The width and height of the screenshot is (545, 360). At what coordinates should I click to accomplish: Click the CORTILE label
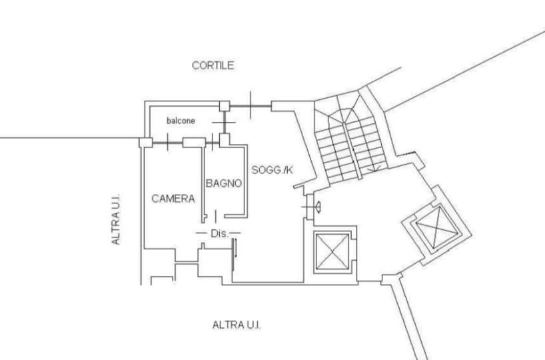213,65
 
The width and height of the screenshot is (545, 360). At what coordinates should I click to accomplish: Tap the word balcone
181,121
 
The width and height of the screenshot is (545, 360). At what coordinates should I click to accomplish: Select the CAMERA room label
173,199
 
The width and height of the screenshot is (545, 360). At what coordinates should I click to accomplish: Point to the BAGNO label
224,183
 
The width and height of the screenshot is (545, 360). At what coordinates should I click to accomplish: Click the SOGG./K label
272,170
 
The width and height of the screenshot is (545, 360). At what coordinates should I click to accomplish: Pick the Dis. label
219,234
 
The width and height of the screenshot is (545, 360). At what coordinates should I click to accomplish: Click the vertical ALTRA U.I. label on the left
116,219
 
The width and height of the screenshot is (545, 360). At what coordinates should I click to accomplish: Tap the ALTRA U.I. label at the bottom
237,325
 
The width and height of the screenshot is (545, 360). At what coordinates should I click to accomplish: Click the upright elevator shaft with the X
332,251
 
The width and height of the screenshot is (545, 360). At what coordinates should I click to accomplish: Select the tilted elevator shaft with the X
437,227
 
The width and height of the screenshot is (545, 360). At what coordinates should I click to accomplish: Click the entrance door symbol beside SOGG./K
310,207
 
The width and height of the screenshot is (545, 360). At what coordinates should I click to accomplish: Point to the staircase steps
351,149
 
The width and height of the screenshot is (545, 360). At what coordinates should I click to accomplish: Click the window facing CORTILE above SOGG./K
251,106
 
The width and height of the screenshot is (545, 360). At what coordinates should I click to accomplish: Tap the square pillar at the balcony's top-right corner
225,106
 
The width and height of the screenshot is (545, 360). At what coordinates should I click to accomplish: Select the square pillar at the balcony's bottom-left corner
146,142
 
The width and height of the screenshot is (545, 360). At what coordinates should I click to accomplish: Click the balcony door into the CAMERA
167,142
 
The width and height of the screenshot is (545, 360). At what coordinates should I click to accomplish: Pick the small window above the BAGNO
212,143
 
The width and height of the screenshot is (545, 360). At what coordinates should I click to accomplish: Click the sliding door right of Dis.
234,254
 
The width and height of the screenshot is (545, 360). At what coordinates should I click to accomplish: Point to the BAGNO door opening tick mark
215,217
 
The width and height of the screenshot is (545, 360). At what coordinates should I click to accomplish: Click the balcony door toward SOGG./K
225,123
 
